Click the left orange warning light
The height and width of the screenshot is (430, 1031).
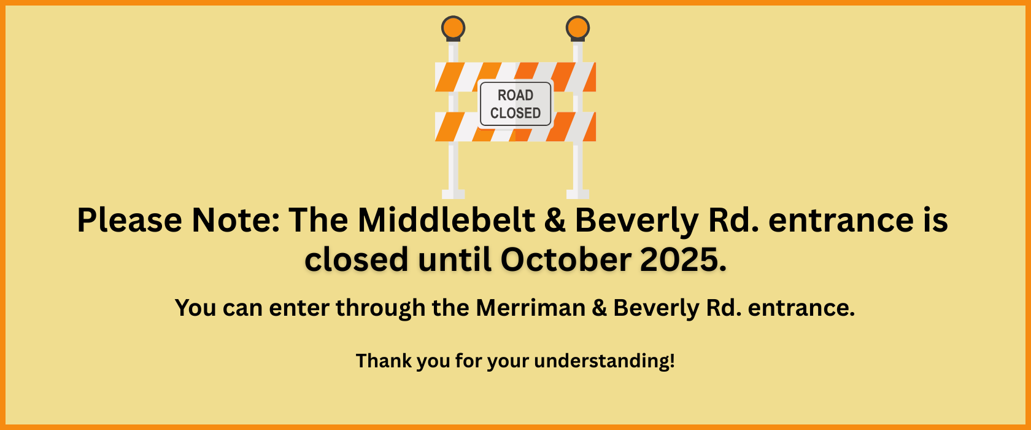(x=453, y=28)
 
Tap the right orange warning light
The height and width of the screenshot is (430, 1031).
(x=577, y=28)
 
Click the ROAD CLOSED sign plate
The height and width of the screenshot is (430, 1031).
(x=515, y=104)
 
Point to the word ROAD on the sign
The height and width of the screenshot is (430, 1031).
(x=515, y=95)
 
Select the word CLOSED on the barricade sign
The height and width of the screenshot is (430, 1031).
(x=515, y=113)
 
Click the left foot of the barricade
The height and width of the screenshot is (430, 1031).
(x=453, y=194)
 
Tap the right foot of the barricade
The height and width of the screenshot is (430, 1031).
(x=577, y=194)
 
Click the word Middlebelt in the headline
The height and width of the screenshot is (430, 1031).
(x=446, y=220)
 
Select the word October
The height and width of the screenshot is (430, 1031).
(x=566, y=259)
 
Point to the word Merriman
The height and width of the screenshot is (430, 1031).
(x=530, y=307)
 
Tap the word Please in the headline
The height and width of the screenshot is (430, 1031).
(x=129, y=220)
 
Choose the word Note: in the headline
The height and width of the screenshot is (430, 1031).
(x=235, y=220)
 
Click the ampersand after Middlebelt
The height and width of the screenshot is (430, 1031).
(x=555, y=220)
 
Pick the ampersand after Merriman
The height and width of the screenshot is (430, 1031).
(x=599, y=308)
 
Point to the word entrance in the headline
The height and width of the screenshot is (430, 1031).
(x=841, y=221)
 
